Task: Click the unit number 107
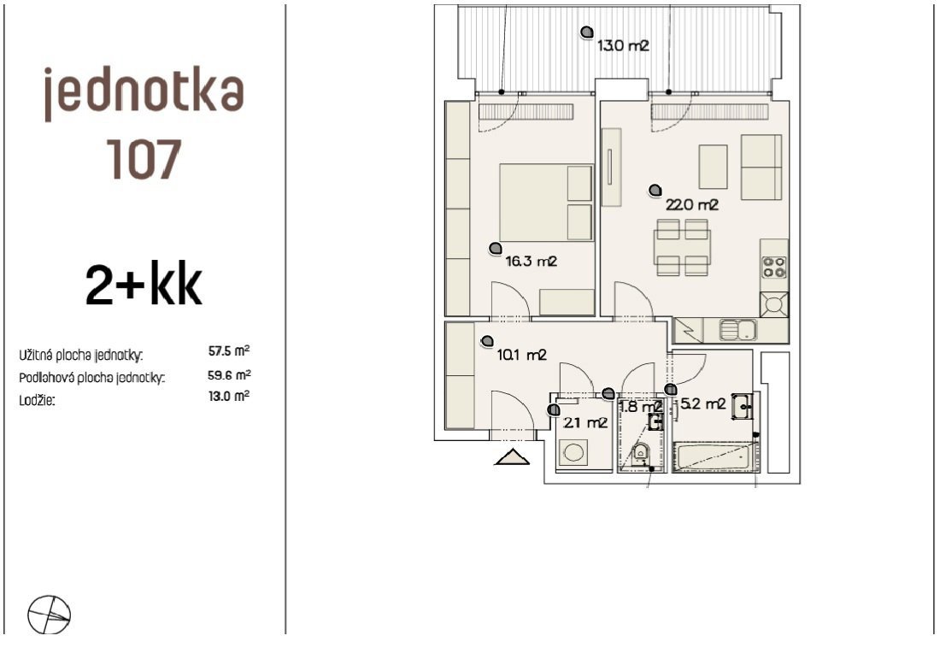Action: coord(144,159)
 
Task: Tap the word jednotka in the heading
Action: coord(144,93)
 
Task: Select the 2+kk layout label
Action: coord(144,284)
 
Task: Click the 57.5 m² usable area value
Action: coord(229,350)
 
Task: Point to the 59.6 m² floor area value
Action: coord(229,375)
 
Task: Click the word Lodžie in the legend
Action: coord(37,400)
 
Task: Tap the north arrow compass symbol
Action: coord(50,615)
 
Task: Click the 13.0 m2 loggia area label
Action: coord(623,45)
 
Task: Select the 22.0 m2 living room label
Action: coord(692,205)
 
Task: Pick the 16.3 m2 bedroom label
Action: coord(532,262)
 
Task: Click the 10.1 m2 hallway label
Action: coord(521,355)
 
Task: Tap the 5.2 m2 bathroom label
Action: coord(703,404)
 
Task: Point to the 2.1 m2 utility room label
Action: coord(585,423)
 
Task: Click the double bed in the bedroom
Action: coord(546,203)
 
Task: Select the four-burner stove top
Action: coord(774,267)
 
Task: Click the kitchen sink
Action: coord(738,330)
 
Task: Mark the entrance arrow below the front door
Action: coord(512,456)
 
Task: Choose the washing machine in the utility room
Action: coord(573,452)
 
